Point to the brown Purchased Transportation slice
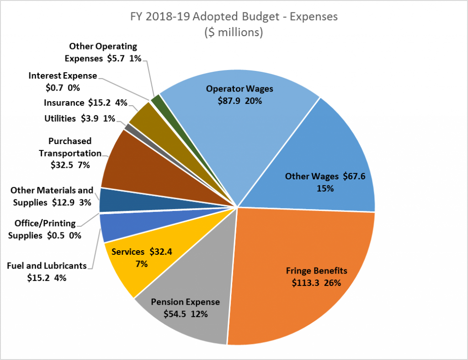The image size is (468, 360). pos(133,165)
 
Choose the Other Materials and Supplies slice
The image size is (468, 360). pos(110,200)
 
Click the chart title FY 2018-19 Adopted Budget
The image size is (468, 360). pos(234,17)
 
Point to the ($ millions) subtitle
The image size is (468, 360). pos(234,33)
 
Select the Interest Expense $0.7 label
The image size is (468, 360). pos(63,81)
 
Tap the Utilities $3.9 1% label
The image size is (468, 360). pos(80,118)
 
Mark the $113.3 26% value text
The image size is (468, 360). pos(316,283)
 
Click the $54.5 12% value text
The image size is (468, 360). pos(185,314)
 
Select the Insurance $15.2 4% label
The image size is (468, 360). pos(85,103)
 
